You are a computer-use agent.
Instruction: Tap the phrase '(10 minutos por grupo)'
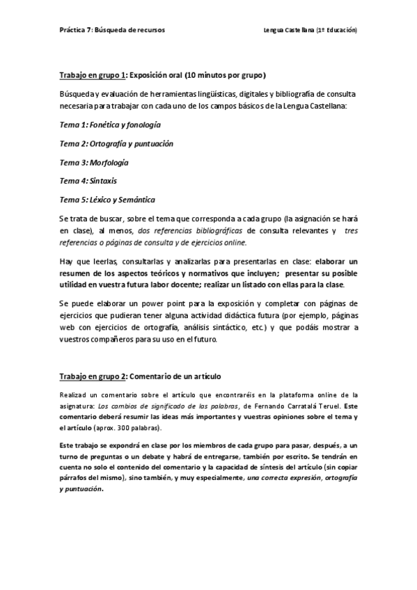point(223,74)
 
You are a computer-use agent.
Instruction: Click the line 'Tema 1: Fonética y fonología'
point(110,125)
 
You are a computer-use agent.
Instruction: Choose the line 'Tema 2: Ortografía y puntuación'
point(116,143)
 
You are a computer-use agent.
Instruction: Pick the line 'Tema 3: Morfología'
point(94,162)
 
